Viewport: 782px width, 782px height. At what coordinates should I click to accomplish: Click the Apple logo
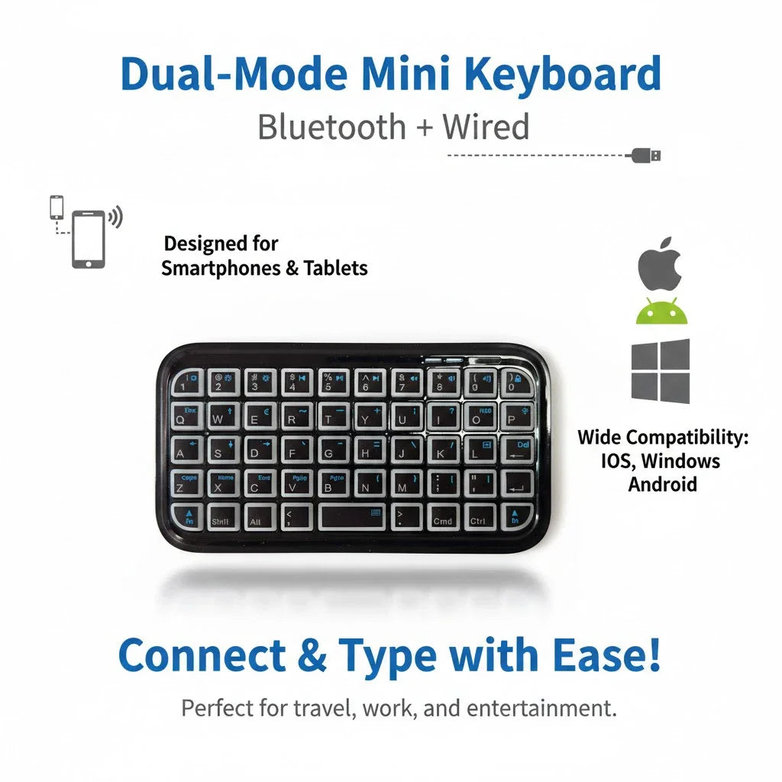[x=660, y=266]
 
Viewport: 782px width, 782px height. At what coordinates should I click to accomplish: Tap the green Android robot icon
[x=662, y=310]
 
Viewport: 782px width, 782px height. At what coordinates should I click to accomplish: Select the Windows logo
[x=661, y=372]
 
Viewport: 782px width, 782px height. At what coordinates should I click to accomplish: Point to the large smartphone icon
[x=89, y=238]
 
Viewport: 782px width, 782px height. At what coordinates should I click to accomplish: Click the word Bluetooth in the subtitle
[x=331, y=127]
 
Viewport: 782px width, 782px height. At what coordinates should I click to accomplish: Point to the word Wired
[x=486, y=127]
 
